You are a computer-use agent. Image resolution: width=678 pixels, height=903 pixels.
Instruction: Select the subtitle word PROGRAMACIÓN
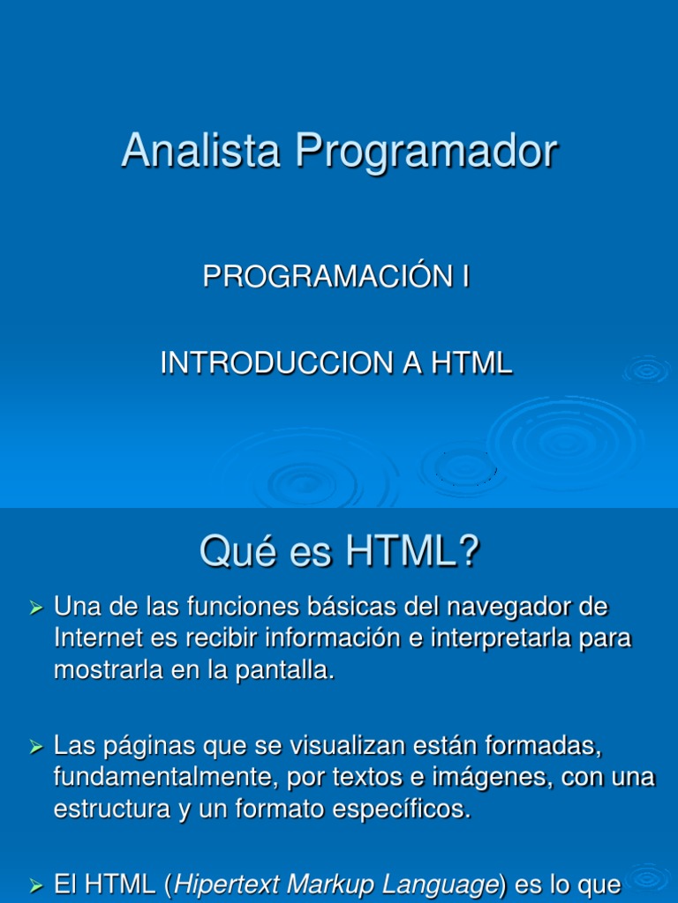coord(327,277)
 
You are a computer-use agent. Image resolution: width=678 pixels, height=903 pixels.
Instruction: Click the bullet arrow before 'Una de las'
coord(36,608)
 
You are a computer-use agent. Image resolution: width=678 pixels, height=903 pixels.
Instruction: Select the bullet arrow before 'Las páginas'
coord(36,748)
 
